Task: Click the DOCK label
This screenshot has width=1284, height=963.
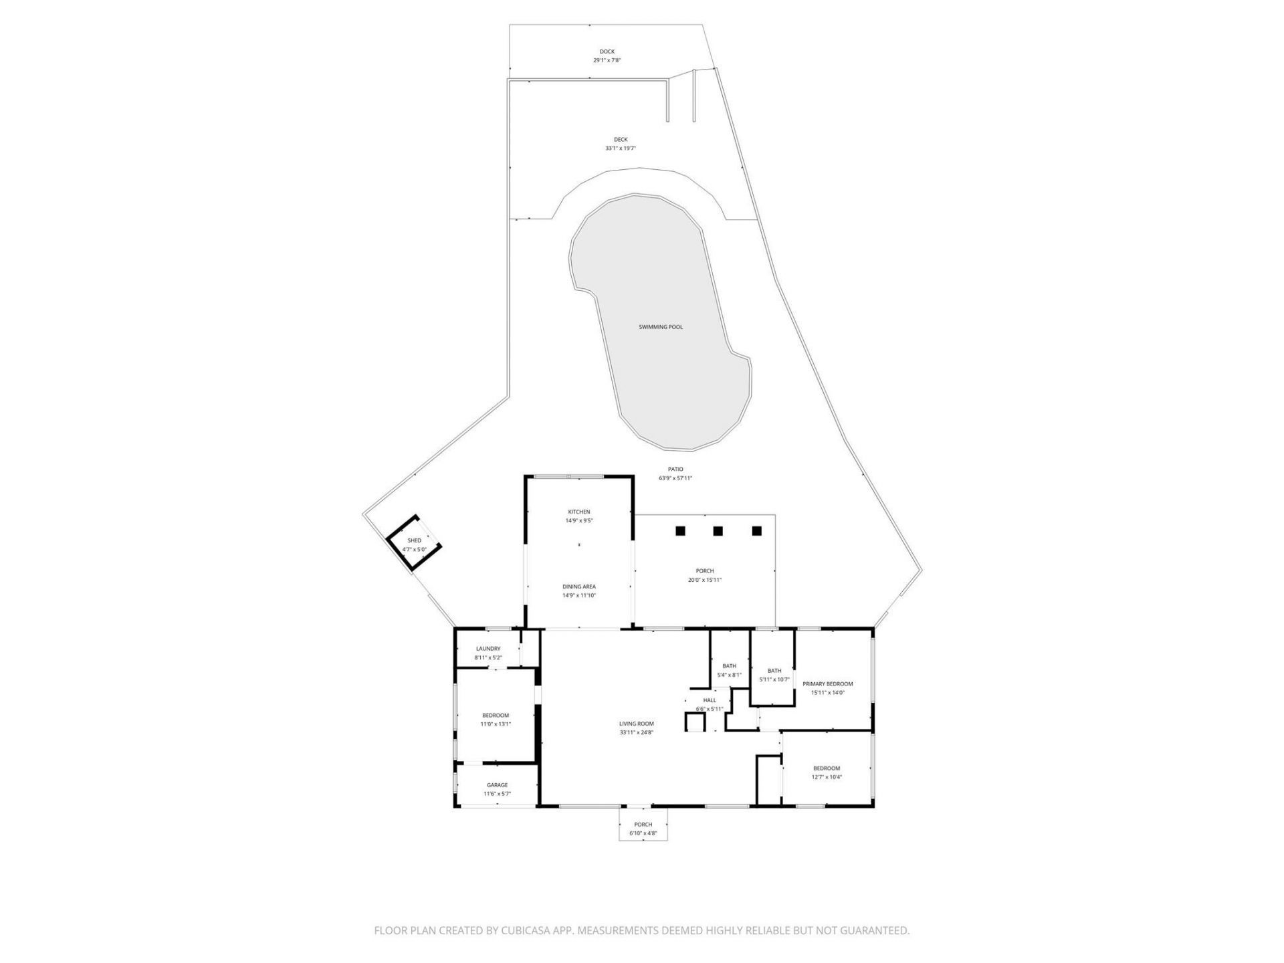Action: (x=607, y=51)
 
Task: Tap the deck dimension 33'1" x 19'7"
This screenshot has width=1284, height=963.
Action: (x=621, y=148)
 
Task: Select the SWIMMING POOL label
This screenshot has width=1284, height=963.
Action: (x=661, y=327)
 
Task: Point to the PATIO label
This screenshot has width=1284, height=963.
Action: (x=675, y=469)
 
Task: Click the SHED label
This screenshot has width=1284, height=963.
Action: (x=415, y=540)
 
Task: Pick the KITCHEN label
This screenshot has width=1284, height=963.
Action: (x=579, y=512)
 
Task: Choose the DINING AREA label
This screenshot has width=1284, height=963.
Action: (x=579, y=587)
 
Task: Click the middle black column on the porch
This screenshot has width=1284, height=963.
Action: (x=718, y=531)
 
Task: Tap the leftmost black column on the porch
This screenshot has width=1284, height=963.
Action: (x=680, y=531)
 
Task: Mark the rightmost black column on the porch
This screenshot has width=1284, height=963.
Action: (x=756, y=531)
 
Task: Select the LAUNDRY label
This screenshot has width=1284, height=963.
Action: (x=488, y=649)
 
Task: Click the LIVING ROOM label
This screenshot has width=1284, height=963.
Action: (x=636, y=724)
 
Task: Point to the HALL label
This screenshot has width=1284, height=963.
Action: (x=710, y=700)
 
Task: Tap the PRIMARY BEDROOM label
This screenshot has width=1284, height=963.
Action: (x=828, y=684)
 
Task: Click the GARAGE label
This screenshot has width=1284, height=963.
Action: (x=497, y=785)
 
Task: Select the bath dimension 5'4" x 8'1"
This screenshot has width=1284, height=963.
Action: (x=729, y=675)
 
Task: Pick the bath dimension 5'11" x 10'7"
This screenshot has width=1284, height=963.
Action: (x=774, y=679)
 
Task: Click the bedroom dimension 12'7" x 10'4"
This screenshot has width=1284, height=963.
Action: (x=827, y=777)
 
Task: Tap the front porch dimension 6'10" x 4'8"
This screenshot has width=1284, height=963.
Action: (x=643, y=833)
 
